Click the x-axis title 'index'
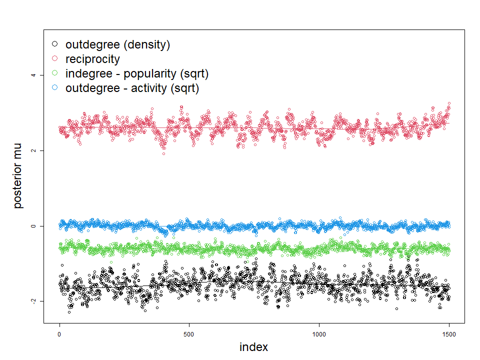(x=253, y=347)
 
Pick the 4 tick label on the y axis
(x=33, y=75)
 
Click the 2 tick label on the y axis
(x=33, y=150)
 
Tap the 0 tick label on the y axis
(x=33, y=226)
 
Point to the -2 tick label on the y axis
(x=33, y=301)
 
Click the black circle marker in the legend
(x=55, y=44)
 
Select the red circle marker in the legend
(x=55, y=59)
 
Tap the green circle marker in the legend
(x=55, y=73)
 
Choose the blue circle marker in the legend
(x=55, y=88)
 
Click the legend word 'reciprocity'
(x=92, y=59)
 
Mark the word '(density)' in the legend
(x=146, y=45)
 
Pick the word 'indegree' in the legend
(x=87, y=74)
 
